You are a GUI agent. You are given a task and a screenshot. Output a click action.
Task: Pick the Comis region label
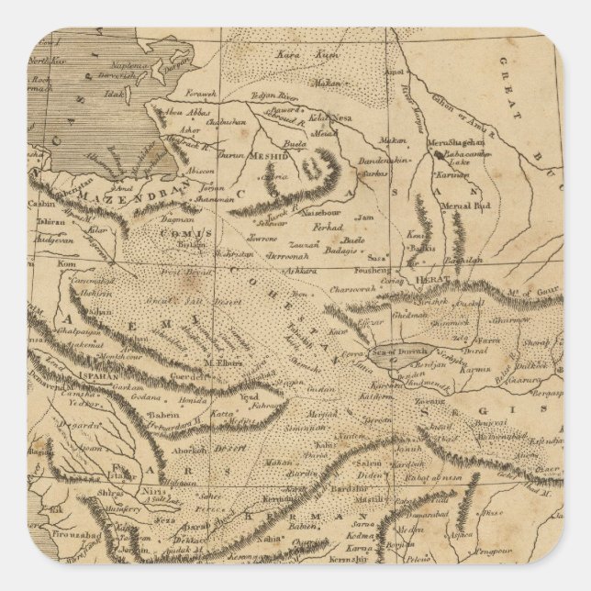click(186, 233)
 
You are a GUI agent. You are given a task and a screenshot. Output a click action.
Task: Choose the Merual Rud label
click(473, 206)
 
